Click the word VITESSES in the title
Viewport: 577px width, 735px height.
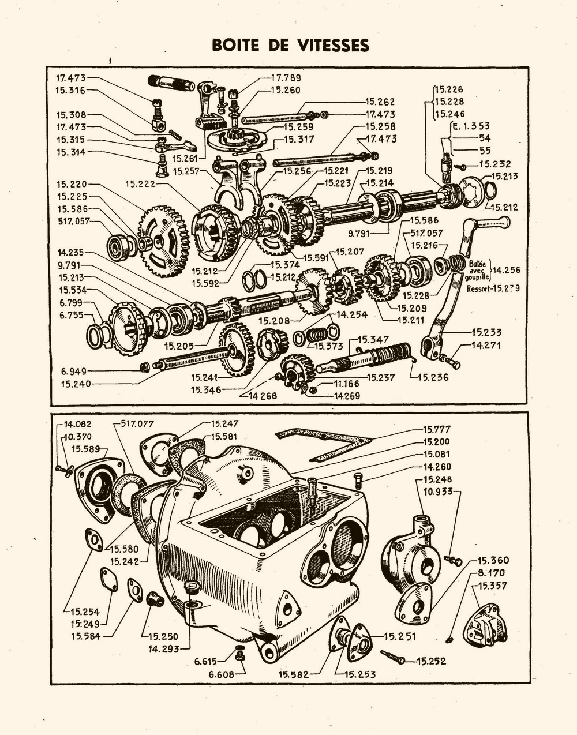[x=331, y=45]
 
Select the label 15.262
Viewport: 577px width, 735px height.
[x=380, y=102]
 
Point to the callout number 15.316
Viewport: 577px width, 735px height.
[x=70, y=90]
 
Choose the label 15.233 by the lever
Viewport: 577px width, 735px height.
[x=486, y=332]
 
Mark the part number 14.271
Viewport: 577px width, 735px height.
[x=486, y=346]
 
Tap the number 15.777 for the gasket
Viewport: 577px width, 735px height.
[x=437, y=430]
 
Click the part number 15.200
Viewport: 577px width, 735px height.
[x=437, y=442]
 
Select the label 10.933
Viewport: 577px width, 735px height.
[x=437, y=492]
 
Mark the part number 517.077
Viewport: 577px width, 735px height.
[x=138, y=424]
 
